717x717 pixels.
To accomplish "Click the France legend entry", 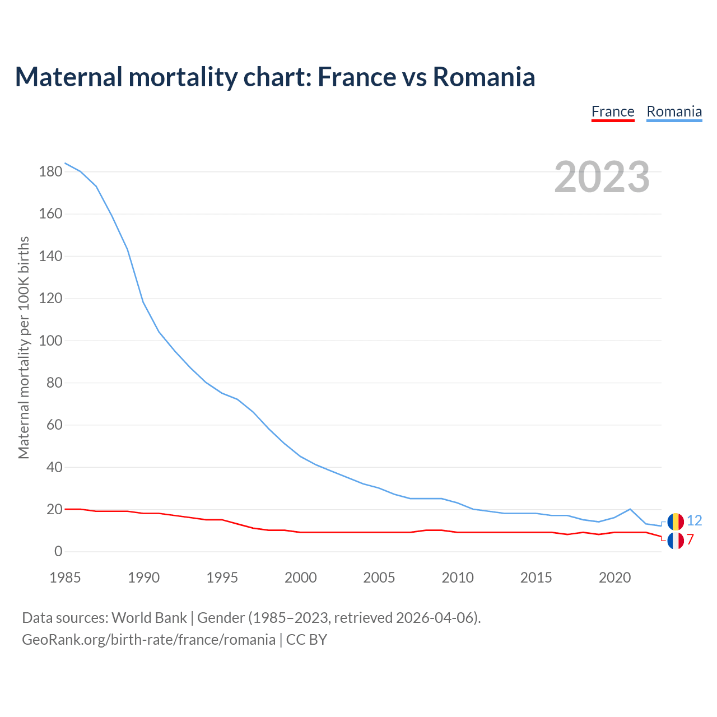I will coord(613,111).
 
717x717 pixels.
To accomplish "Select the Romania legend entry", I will coord(674,111).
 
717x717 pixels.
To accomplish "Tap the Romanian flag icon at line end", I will coord(676,522).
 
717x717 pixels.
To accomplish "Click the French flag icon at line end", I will coord(676,541).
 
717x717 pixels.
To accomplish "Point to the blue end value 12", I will coord(694,521).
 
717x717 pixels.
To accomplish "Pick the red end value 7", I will coord(690,540).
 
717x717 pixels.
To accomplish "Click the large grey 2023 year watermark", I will coord(602,177).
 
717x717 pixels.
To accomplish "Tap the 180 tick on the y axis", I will coord(50,172).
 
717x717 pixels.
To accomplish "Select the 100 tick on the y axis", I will coord(50,341).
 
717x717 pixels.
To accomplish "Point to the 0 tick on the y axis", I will coord(58,552).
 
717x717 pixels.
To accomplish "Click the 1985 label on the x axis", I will coord(65,578).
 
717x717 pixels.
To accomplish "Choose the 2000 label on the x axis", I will coord(301,578).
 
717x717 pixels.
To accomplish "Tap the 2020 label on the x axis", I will coord(614,578).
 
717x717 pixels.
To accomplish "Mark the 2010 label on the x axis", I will coord(458,578).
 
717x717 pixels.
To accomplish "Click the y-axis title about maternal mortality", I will coord(24,347).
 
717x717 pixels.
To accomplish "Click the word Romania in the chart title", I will coord(484,77).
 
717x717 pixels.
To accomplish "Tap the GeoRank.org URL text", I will coord(148,640).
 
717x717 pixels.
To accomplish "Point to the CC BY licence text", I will coord(306,640).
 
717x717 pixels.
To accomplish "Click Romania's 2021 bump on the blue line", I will coord(630,509).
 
